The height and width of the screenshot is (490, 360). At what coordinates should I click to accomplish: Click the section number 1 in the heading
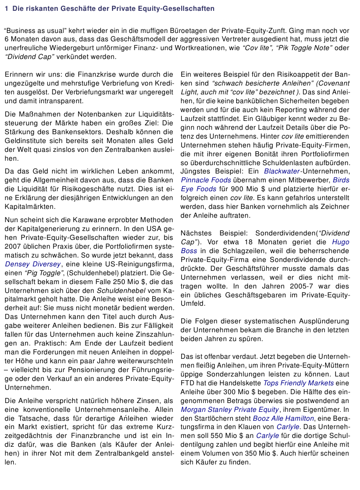[x=6, y=9]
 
